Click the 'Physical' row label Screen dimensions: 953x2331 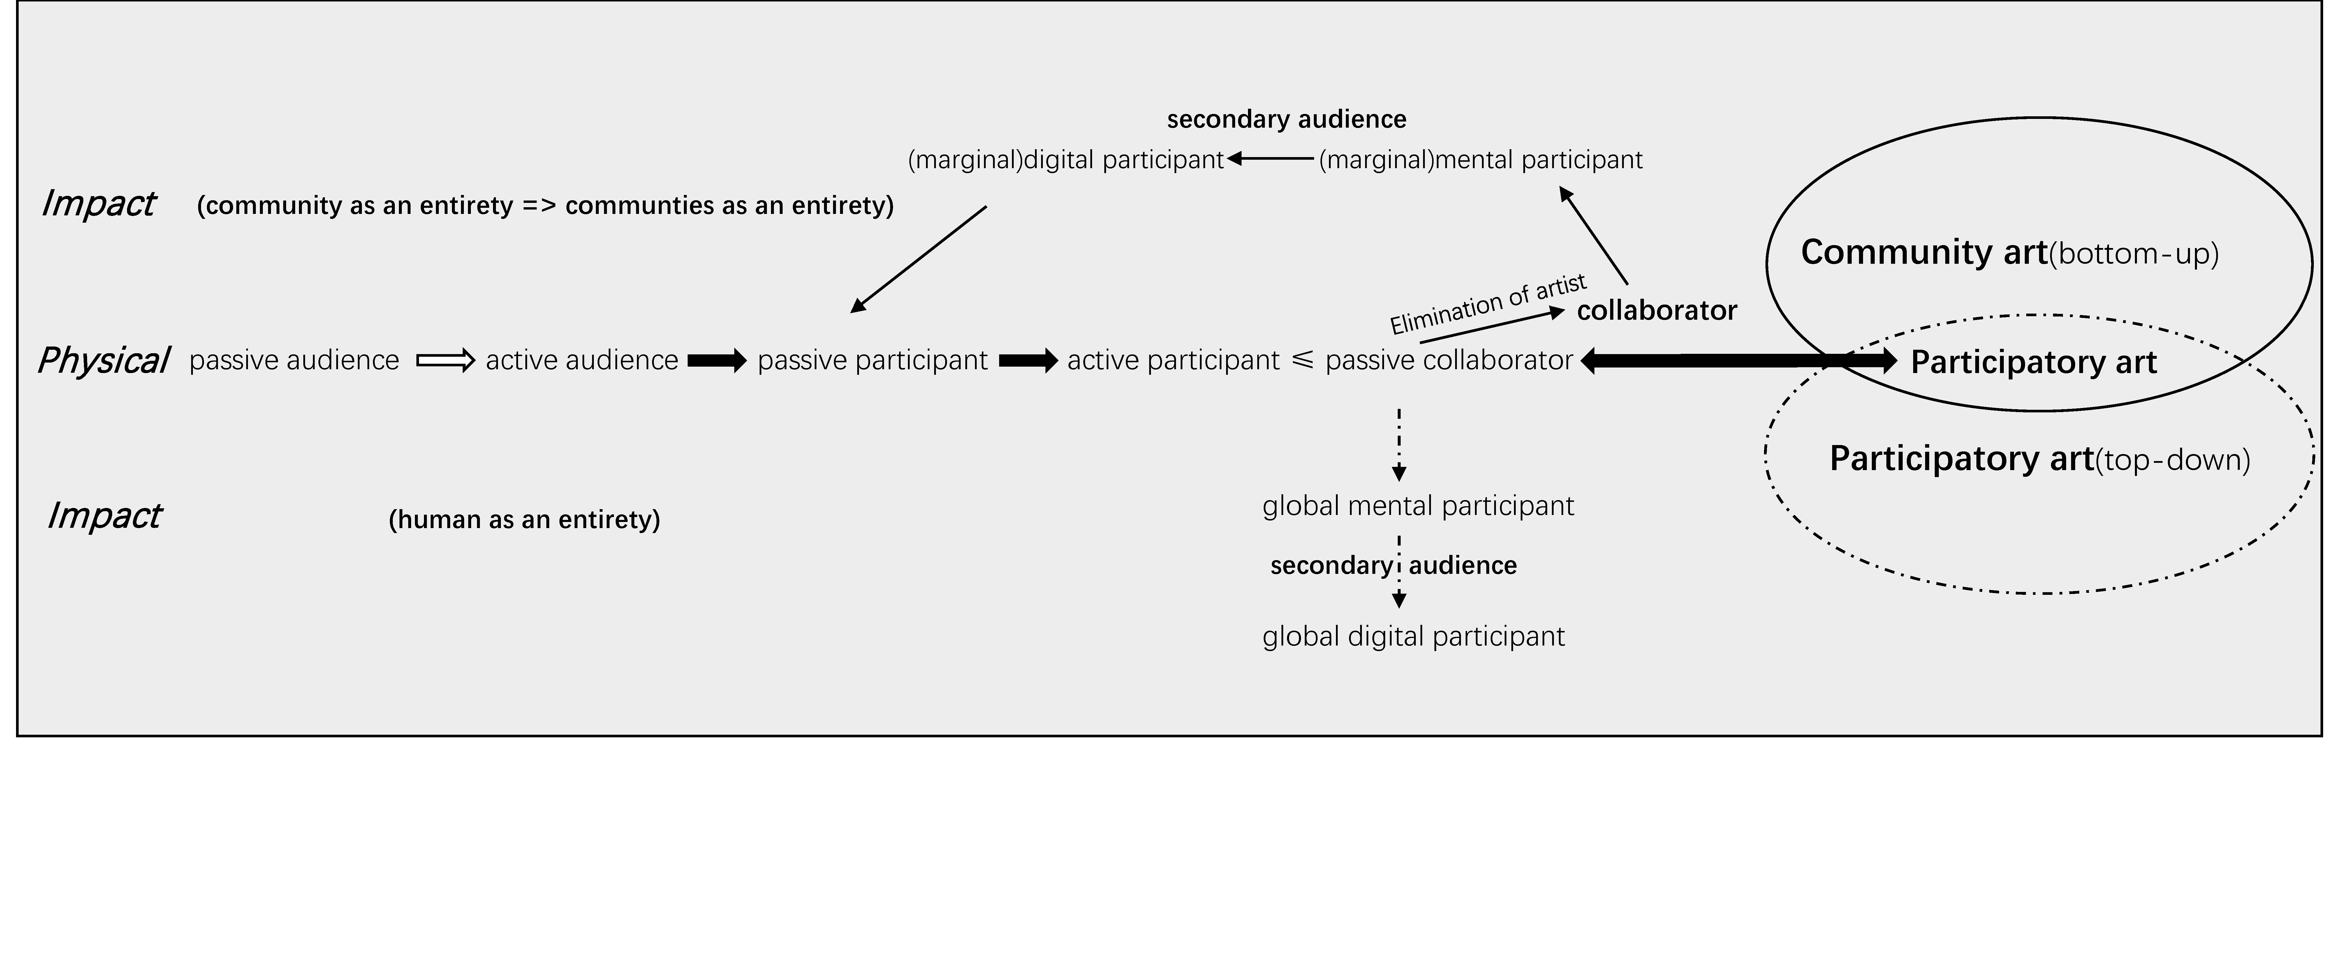point(103,360)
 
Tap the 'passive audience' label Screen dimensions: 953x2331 point(294,360)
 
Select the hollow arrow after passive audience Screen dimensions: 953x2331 point(445,361)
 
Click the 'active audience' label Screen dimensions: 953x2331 point(582,360)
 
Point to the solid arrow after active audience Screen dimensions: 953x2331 point(717,361)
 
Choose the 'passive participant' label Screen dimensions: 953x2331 point(872,360)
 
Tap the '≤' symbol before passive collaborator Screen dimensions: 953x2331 point(1302,360)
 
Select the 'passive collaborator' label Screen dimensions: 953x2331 point(1449,360)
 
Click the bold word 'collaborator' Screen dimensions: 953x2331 point(1657,310)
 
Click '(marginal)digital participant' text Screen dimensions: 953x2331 point(1065,160)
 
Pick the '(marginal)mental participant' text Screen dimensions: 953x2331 point(1480,160)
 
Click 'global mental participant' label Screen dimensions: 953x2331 point(1418,506)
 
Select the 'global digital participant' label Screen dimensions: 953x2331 point(1413,636)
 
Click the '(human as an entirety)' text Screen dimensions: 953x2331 point(524,520)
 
